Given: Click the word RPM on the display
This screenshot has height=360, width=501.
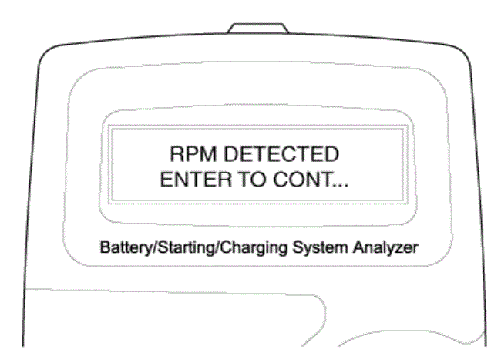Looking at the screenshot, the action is click(193, 154).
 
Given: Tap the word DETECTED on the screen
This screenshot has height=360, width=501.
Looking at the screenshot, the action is click(281, 154).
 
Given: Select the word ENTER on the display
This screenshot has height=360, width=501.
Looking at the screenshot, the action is click(196, 180).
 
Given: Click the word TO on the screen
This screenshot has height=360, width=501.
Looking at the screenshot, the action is click(252, 180).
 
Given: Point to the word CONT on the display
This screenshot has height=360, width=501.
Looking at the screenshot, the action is click(301, 180).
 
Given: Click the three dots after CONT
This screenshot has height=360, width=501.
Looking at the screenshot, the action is click(340, 185).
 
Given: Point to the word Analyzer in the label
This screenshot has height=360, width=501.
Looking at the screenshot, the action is click(385, 248).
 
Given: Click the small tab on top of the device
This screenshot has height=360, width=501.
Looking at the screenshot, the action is click(258, 28).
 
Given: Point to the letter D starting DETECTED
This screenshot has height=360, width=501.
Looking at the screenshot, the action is click(230, 154).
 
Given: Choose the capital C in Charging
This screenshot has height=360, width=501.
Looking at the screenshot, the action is click(227, 247).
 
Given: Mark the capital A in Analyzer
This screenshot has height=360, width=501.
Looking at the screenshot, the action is click(358, 247).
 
